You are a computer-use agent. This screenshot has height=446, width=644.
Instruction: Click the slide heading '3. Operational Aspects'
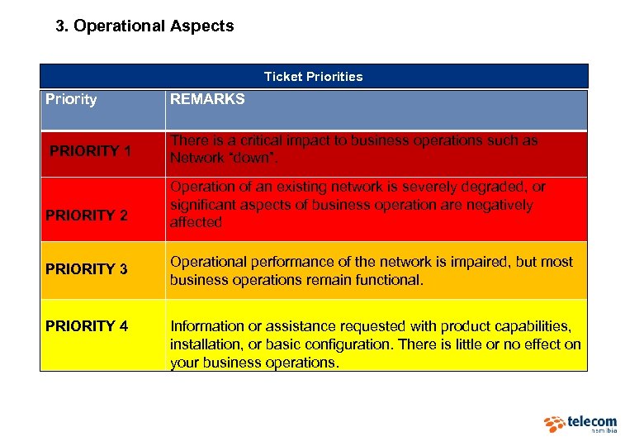(144, 26)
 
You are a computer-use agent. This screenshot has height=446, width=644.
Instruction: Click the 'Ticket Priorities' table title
(313, 77)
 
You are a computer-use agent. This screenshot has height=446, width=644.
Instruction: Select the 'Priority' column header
(71, 99)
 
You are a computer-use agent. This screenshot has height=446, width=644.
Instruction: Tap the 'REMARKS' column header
(207, 99)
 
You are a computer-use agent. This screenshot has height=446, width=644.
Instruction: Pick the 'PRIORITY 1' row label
(90, 151)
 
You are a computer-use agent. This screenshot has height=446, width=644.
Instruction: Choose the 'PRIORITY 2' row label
(86, 216)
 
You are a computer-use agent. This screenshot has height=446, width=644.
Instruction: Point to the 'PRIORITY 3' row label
(86, 269)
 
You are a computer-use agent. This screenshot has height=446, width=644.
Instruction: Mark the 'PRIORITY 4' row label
(86, 326)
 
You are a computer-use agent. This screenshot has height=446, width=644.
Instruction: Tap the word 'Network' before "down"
(197, 158)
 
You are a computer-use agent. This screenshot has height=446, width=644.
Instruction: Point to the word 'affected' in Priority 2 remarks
(196, 222)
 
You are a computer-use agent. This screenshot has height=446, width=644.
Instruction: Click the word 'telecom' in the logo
(592, 422)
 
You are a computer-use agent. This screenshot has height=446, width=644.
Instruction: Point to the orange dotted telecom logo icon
(554, 424)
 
